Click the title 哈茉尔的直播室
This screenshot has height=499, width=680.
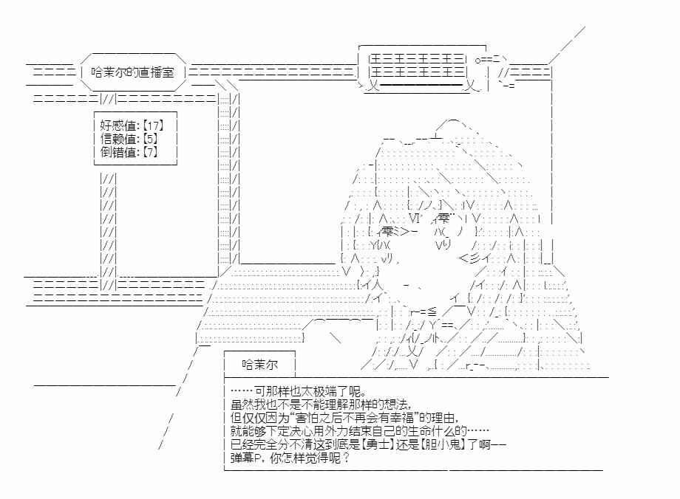[132, 72]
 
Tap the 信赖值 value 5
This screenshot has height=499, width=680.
[150, 139]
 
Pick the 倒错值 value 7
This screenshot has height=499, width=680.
[150, 152]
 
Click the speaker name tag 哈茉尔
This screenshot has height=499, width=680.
[259, 365]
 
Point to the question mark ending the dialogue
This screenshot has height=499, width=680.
[346, 458]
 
